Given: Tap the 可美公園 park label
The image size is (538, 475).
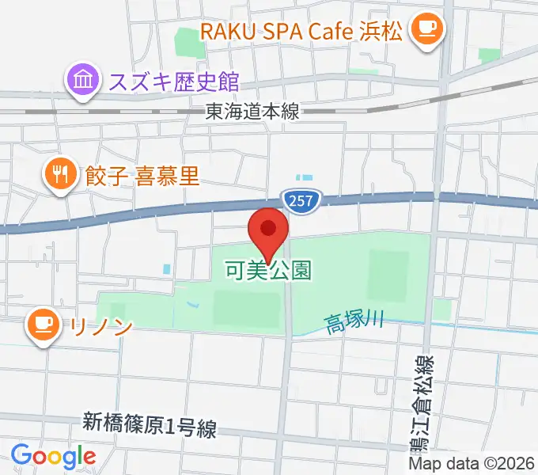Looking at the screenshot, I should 267,271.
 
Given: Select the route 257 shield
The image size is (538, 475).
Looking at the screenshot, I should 300,202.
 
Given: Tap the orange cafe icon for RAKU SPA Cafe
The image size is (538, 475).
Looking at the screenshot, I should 428,31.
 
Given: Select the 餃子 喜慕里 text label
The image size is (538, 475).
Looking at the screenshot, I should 142,175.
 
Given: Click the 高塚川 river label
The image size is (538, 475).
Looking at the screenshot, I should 354,321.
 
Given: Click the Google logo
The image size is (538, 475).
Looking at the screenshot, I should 53,455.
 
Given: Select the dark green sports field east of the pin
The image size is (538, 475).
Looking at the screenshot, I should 388,276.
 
